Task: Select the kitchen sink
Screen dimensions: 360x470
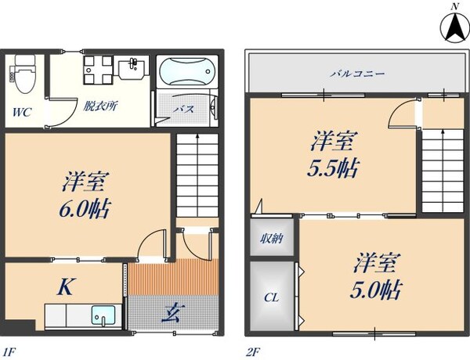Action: pos(103,316)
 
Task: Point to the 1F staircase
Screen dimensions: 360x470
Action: pos(196,176)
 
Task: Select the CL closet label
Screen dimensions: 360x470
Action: pos(271,297)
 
